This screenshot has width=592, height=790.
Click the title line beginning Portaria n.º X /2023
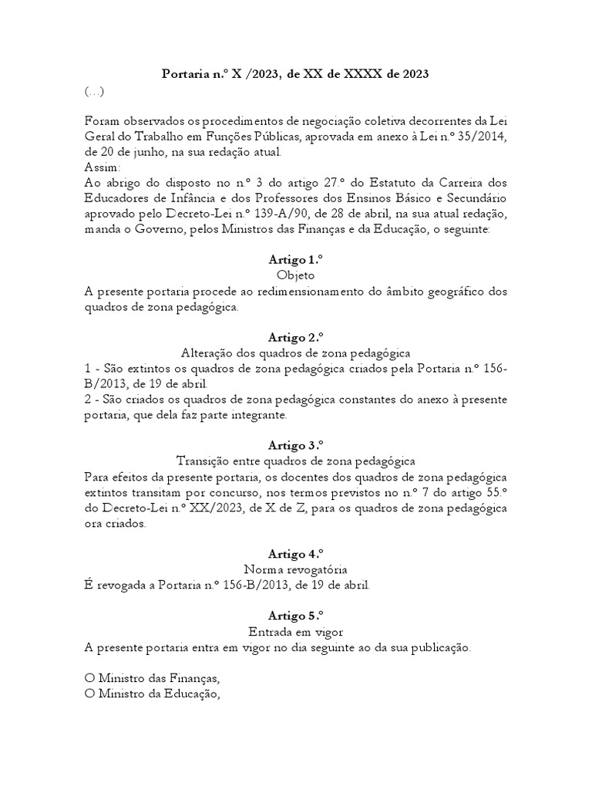point(295,74)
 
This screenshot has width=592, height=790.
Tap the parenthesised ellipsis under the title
point(94,92)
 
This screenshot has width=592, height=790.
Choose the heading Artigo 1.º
point(295,261)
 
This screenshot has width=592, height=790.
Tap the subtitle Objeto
point(295,275)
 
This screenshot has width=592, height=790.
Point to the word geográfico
point(451,292)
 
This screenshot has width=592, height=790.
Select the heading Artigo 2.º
point(295,338)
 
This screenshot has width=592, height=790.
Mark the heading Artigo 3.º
point(295,446)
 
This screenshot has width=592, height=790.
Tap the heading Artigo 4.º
point(295,554)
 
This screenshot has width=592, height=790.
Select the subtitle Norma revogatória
point(295,569)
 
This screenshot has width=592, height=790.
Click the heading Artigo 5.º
point(295,616)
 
